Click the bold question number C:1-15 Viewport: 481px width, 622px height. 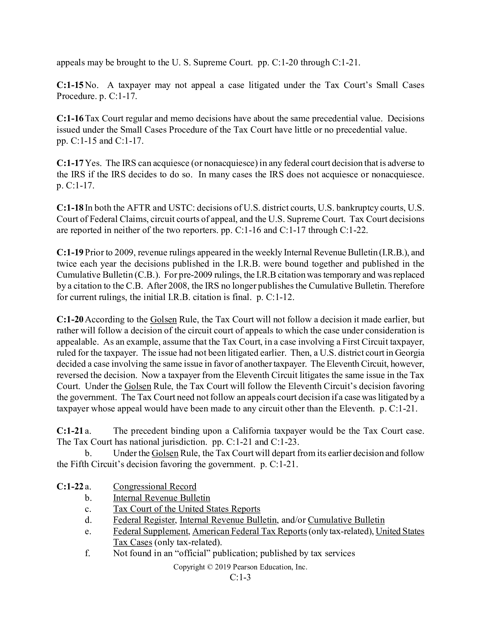point(70,85)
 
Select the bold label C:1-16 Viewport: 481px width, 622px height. point(70,118)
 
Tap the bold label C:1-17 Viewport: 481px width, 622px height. point(70,163)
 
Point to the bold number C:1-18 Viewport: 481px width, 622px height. point(70,208)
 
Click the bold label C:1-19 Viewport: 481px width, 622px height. point(70,252)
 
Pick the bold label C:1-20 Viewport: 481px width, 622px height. point(70,319)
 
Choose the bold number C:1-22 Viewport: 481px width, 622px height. point(70,487)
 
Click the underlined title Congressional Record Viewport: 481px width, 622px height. point(155,487)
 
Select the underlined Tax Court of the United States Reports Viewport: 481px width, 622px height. point(187,509)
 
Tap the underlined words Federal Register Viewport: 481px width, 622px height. point(144,520)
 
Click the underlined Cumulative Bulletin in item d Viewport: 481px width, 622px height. point(346,520)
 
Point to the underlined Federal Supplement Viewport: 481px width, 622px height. point(151,531)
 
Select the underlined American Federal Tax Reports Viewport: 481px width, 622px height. point(250,531)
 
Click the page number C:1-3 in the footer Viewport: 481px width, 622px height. point(240,577)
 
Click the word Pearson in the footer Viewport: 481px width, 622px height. point(247,567)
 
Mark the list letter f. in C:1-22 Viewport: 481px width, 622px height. point(88,553)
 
